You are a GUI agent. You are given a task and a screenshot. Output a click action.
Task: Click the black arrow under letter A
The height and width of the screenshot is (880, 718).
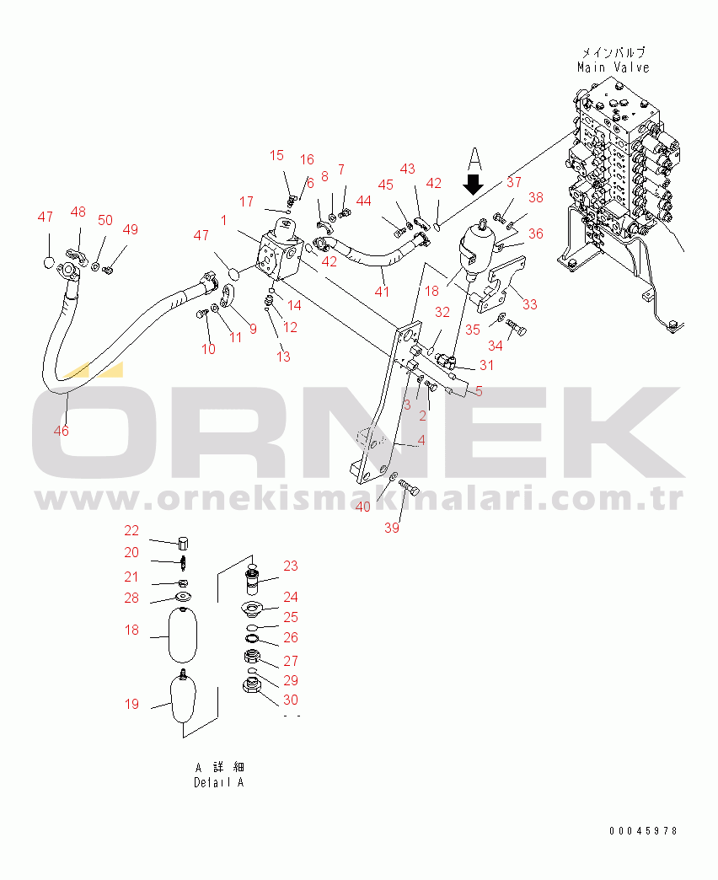click(x=474, y=184)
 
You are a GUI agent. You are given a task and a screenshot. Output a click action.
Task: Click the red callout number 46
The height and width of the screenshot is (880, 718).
click(x=62, y=431)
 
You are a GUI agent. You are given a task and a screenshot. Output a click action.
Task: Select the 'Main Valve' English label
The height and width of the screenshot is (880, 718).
click(x=614, y=67)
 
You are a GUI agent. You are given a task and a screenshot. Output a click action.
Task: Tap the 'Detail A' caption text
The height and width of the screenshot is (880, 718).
click(x=219, y=782)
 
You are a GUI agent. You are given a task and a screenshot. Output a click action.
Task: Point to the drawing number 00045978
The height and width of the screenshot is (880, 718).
click(x=643, y=830)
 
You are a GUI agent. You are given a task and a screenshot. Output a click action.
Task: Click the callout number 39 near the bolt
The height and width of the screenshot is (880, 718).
click(x=392, y=528)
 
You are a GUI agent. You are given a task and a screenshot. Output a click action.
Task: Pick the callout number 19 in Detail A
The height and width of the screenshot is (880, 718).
click(x=131, y=704)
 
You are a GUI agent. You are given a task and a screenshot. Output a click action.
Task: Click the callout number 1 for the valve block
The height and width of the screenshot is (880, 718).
click(x=224, y=220)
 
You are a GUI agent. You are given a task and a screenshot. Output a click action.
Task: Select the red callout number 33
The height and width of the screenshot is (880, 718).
click(x=529, y=304)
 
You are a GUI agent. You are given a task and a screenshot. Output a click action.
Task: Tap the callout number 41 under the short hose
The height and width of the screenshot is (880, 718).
click(x=382, y=292)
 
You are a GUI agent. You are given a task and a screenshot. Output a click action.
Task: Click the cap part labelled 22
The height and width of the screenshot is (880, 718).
click(x=183, y=543)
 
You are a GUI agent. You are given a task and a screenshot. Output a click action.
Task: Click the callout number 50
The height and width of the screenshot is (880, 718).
click(x=105, y=220)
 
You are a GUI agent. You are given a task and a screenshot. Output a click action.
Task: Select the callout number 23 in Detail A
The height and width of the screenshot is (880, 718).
click(x=291, y=566)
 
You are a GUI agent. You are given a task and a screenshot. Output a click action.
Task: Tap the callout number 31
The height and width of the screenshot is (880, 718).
click(x=486, y=365)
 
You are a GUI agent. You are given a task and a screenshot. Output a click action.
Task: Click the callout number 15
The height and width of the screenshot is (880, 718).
click(x=276, y=155)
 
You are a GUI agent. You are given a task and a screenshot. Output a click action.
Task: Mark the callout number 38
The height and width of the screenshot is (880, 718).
click(x=536, y=197)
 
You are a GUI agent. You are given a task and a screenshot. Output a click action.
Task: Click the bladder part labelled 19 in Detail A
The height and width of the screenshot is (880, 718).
click(x=183, y=698)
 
